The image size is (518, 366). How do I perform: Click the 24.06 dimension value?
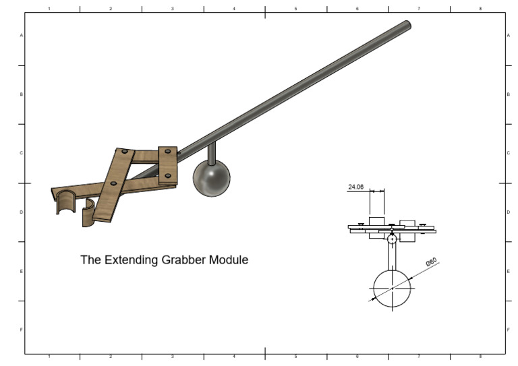click(356, 187)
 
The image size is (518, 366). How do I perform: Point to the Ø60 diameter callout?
click(431, 262)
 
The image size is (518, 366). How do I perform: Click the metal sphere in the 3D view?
click(211, 179)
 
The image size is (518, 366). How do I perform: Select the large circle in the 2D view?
click(392, 288)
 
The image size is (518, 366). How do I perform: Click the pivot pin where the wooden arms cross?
click(113, 183)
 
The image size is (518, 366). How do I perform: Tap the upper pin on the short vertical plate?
click(167, 153)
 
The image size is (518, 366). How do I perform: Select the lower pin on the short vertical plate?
click(167, 176)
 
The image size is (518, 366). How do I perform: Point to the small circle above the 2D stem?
click(392, 238)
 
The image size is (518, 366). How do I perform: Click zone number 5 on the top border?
click(295, 9)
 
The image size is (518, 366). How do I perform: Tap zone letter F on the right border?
click(508, 330)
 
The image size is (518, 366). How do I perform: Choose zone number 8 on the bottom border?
click(480, 356)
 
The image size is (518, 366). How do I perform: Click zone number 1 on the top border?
click(49, 9)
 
